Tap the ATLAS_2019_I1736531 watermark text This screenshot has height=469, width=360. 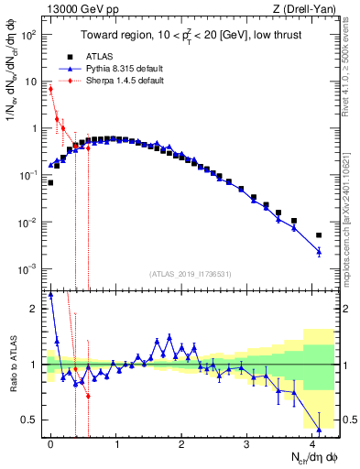point(190,274)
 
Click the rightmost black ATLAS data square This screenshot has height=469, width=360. point(319,234)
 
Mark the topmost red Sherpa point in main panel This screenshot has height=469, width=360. point(50,89)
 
